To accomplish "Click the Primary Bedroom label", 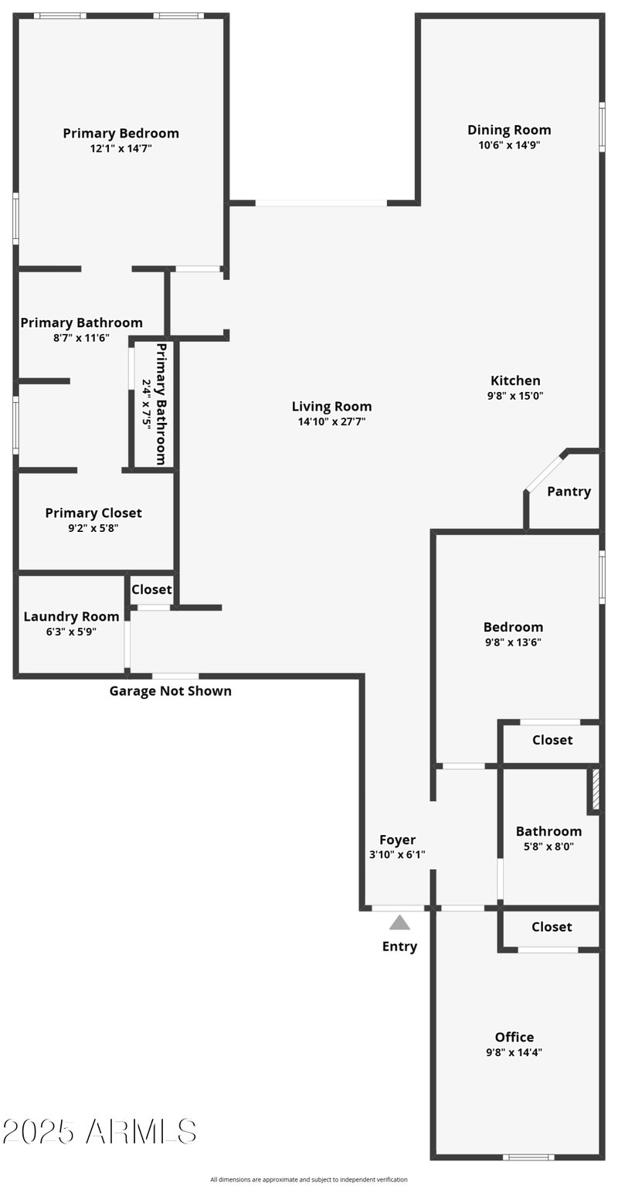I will (121, 133).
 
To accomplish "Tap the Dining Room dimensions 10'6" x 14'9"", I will (509, 145).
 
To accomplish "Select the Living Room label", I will (331, 406).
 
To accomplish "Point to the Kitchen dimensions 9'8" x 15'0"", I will (515, 395).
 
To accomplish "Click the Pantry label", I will (569, 491).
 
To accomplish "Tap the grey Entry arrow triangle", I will (399, 922).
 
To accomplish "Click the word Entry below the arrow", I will (399, 946).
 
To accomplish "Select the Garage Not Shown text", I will (170, 690).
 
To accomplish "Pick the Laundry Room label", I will (71, 616).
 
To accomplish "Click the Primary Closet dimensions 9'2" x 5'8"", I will (93, 528).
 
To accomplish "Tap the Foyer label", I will (397, 840).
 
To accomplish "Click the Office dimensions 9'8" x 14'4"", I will (514, 1052).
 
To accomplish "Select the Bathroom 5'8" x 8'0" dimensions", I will (548, 846).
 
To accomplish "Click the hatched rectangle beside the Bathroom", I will (594, 789).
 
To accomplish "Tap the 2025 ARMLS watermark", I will (99, 1131).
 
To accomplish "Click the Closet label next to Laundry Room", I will (151, 589).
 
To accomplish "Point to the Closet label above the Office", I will (552, 926).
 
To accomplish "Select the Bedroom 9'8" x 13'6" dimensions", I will (514, 642).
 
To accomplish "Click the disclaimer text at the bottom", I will (308, 1179).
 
